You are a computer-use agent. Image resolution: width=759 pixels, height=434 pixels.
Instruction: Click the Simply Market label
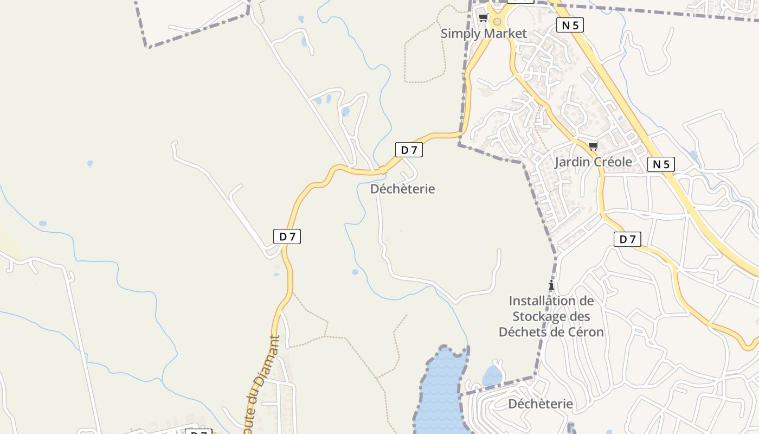(x=483, y=34)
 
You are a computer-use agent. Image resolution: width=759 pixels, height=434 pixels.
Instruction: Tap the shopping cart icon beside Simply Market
(x=483, y=18)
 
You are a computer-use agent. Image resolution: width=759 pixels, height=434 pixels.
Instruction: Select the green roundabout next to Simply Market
(x=497, y=22)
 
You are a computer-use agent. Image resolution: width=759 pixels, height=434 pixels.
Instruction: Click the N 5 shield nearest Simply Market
(x=570, y=25)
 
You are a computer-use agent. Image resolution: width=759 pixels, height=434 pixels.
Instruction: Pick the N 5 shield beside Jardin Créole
(x=661, y=164)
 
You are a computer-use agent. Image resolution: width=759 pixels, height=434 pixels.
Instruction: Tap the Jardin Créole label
(x=593, y=162)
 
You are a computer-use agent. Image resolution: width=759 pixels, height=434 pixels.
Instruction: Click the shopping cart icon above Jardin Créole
(x=594, y=146)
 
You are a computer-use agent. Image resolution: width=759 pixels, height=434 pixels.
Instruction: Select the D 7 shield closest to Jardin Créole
(x=627, y=239)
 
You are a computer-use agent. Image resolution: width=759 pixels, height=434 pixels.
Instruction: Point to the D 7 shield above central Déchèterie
(x=409, y=150)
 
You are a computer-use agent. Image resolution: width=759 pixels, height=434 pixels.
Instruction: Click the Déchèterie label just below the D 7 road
(x=402, y=189)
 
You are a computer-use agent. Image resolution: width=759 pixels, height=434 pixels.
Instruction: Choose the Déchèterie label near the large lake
(x=540, y=404)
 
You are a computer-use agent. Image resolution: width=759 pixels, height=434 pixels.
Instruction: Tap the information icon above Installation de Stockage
(x=551, y=285)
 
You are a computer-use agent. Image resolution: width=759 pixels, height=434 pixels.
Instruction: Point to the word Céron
(x=585, y=331)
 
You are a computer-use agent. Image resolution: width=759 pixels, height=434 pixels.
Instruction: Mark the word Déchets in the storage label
(x=520, y=331)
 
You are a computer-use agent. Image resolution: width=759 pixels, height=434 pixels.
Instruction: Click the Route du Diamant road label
(x=262, y=380)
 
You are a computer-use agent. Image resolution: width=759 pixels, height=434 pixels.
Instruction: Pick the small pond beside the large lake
(x=492, y=375)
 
